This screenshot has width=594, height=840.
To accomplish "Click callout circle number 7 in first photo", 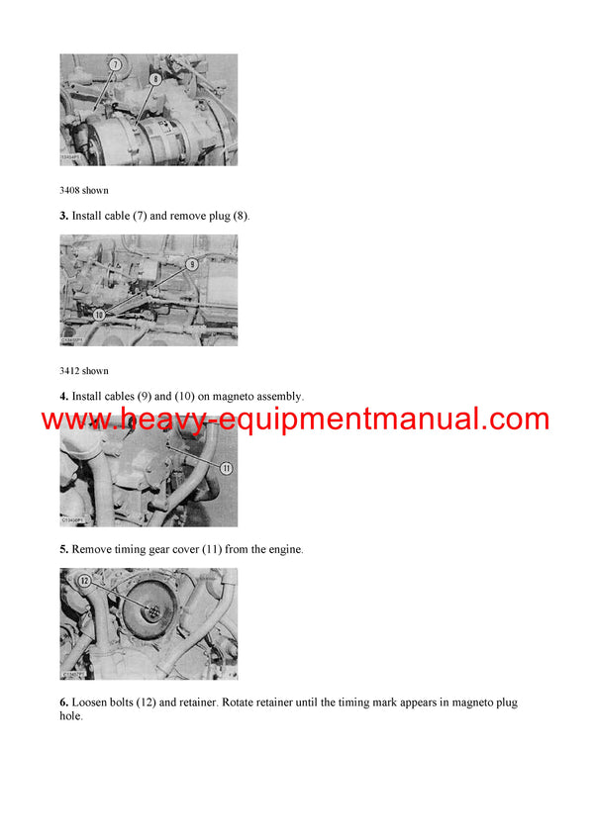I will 115,64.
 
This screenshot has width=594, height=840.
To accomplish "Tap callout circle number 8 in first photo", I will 155,78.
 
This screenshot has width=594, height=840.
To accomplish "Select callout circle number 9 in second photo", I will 192,264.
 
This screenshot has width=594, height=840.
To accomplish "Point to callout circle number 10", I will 99,314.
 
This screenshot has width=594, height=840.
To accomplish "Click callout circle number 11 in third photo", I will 226,468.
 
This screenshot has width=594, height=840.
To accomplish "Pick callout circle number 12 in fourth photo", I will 84,582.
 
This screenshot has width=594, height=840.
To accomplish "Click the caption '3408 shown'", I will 84,190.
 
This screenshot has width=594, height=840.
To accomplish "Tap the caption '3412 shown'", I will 84,371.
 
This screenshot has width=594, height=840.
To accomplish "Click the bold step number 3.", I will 63,215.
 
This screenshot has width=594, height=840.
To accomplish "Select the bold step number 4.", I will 63,397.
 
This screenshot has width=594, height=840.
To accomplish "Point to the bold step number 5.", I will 63,549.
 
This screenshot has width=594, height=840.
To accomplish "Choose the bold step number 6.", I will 63,702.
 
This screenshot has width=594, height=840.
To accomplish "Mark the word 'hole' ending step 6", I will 69,716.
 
